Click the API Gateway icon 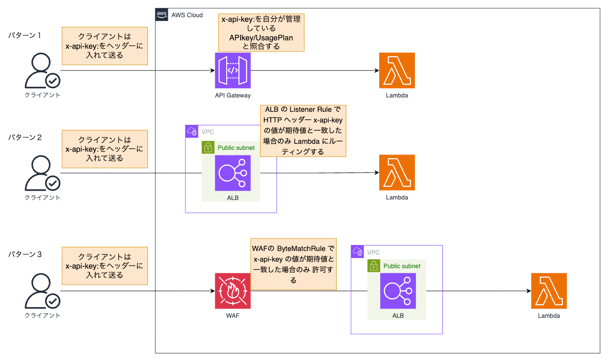tap(233, 71)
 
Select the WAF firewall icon tap(233, 291)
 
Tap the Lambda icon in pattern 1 tap(397, 71)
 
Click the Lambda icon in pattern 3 tap(549, 291)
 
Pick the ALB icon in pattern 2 tap(233, 173)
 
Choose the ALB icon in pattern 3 tap(398, 291)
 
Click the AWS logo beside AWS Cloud tap(162, 14)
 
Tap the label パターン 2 tap(25, 137)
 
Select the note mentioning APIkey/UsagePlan tap(261, 32)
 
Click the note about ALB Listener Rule tap(303, 130)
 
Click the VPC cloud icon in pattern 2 tap(191, 131)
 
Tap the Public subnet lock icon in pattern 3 tap(374, 266)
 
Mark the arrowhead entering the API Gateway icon tap(212, 71)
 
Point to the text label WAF tap(233, 315)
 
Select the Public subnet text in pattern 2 tap(236, 148)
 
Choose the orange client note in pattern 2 tap(105, 148)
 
